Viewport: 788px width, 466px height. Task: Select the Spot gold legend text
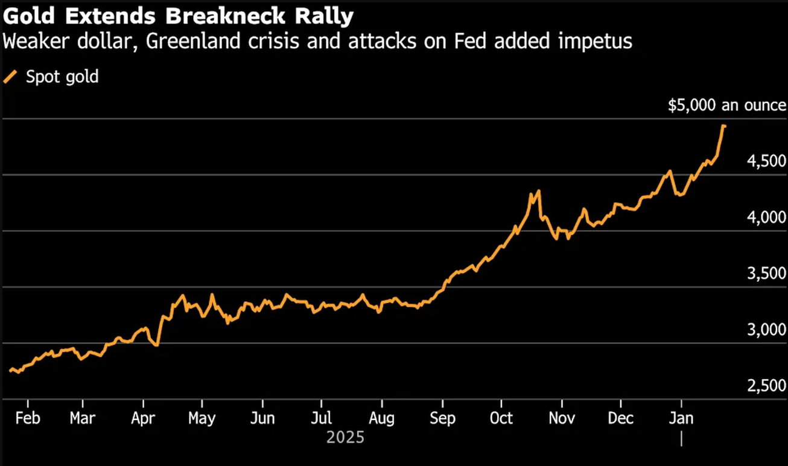pyautogui.click(x=62, y=77)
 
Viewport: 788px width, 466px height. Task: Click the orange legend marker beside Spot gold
pyautogui.click(x=10, y=77)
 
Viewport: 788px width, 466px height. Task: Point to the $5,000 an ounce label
pyautogui.click(x=727, y=106)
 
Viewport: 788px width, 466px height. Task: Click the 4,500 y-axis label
pyautogui.click(x=766, y=161)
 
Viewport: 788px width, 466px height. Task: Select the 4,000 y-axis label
pyautogui.click(x=766, y=217)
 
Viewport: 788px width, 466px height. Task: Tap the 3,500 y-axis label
pyautogui.click(x=766, y=273)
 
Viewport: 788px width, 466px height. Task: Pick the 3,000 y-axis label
pyautogui.click(x=766, y=330)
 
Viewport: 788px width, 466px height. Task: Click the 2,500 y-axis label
pyautogui.click(x=766, y=386)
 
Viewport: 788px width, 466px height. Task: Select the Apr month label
pyautogui.click(x=144, y=418)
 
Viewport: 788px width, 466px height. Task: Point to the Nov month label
pyautogui.click(x=562, y=418)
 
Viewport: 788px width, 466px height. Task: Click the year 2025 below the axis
pyautogui.click(x=346, y=437)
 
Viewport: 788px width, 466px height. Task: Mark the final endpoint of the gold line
pyautogui.click(x=724, y=126)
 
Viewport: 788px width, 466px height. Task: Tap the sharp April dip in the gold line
pyautogui.click(x=157, y=345)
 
